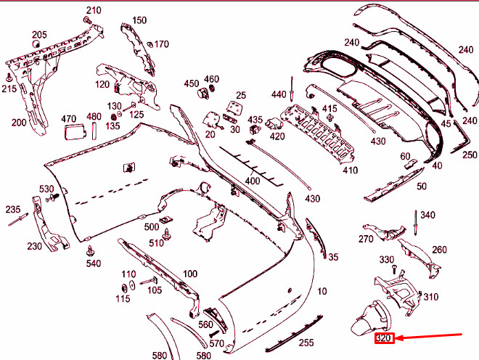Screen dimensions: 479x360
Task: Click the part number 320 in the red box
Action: point(384,338)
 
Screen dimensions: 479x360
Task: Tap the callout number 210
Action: point(94,10)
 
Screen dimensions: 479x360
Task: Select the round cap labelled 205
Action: point(36,44)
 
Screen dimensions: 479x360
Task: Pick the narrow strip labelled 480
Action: point(94,131)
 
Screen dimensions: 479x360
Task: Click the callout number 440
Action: point(279,94)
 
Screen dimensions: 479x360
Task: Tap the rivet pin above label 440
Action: point(292,89)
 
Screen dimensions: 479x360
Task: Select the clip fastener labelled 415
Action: point(329,118)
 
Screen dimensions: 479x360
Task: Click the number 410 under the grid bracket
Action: point(350,171)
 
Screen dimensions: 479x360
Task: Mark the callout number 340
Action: point(427,215)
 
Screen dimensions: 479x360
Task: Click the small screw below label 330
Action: point(394,269)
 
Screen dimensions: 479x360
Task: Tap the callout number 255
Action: point(306,343)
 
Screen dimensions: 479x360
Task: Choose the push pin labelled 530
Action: point(52,197)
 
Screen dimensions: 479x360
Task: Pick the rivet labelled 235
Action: point(18,219)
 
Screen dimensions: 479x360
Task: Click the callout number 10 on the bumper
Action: point(322,291)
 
